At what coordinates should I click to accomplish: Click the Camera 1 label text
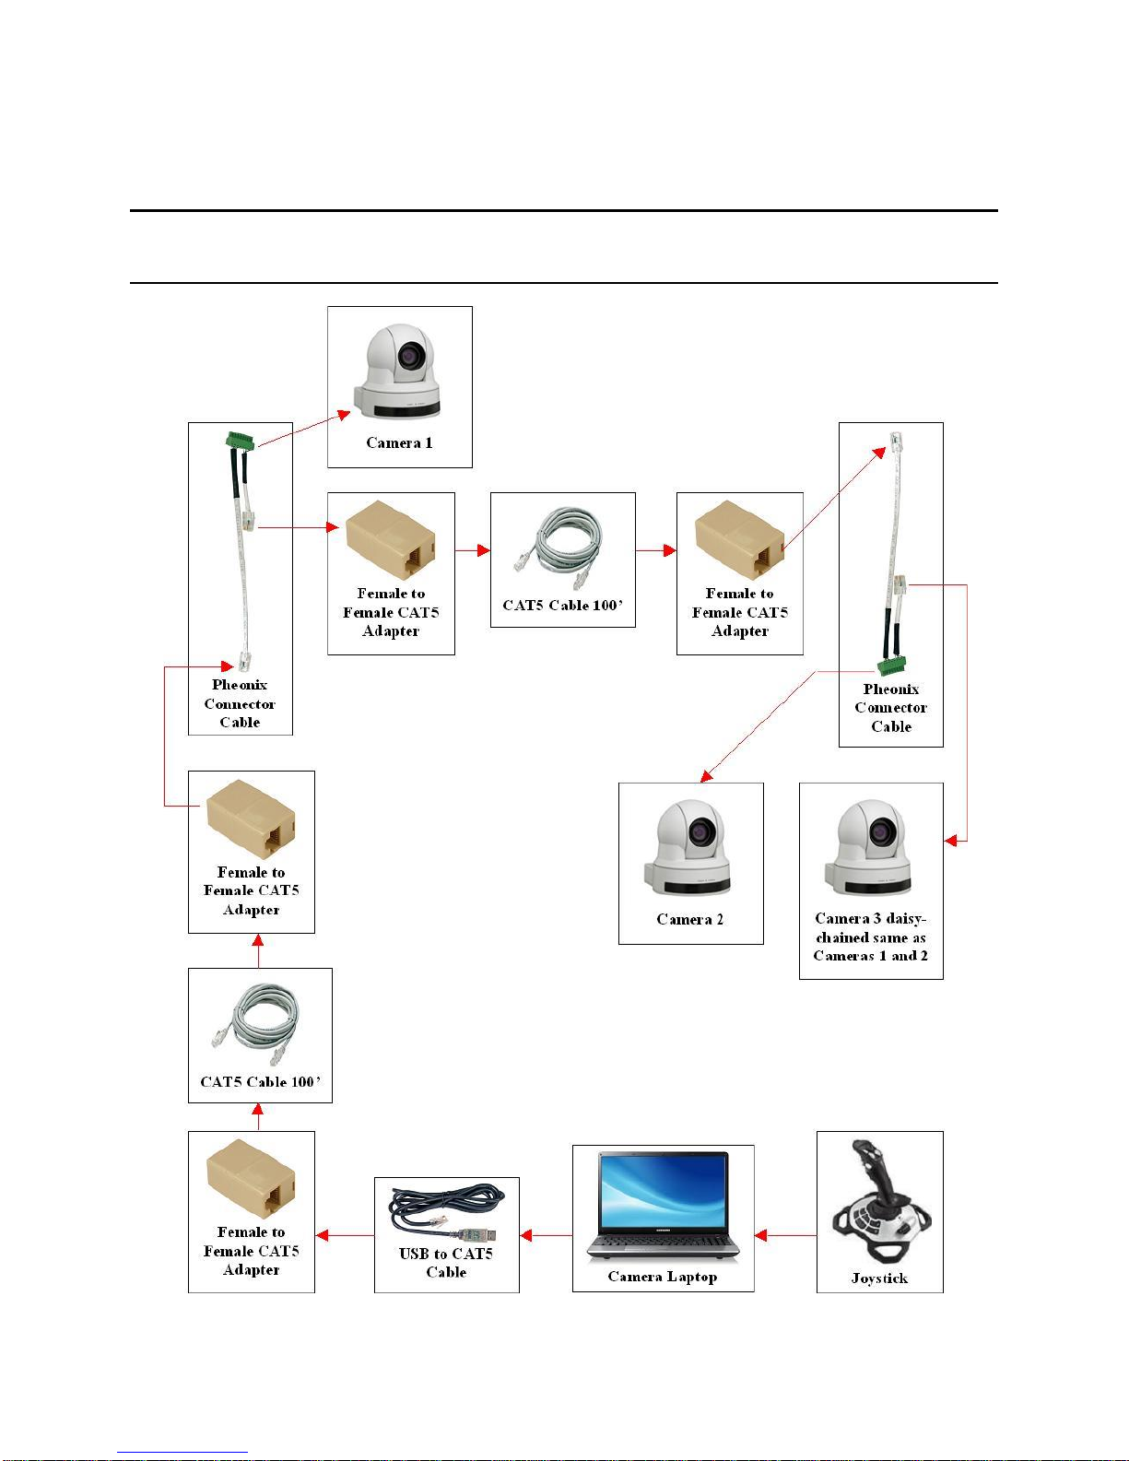click(399, 443)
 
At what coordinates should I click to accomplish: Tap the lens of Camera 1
click(411, 355)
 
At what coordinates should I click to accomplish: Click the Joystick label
click(879, 1278)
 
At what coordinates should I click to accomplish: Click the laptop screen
click(663, 1191)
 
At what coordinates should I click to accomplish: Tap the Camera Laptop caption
click(662, 1277)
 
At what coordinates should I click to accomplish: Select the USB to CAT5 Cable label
click(446, 1263)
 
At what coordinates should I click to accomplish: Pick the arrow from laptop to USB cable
click(546, 1235)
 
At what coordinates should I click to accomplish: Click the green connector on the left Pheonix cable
click(240, 441)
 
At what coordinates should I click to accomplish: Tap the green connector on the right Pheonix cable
click(891, 666)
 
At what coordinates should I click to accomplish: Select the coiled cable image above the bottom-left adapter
click(259, 1020)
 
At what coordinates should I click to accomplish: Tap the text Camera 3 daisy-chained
click(870, 937)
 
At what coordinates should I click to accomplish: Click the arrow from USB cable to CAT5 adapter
click(345, 1235)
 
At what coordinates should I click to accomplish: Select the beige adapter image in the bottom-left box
click(251, 1179)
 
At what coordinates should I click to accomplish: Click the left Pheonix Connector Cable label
click(240, 704)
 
